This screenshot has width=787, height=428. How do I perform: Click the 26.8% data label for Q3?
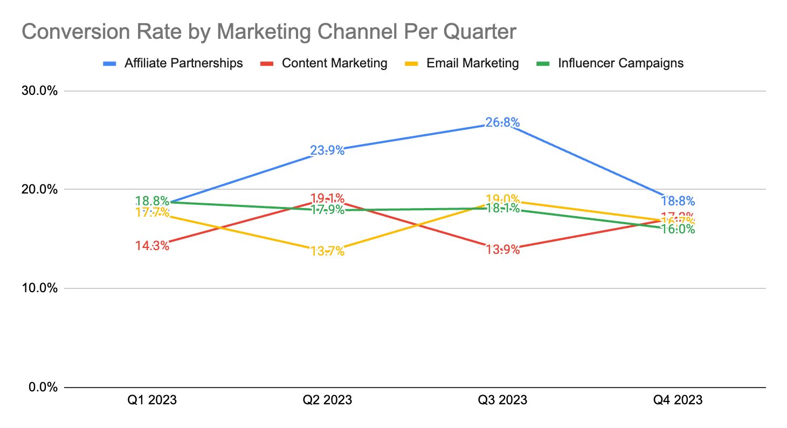pos(502,123)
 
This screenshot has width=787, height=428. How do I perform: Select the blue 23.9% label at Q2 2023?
pos(327,150)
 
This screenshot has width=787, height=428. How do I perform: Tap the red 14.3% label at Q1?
pos(152,246)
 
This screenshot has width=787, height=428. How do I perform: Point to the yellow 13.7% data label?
pos(327,251)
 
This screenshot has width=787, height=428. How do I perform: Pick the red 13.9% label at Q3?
pos(502,250)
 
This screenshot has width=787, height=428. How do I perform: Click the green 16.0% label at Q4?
pos(678,229)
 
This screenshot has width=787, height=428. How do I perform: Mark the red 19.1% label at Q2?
pos(327,198)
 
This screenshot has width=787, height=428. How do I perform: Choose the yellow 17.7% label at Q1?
pos(152,212)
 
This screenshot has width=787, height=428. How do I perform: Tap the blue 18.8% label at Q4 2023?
pos(678,201)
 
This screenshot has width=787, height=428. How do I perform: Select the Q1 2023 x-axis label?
pos(152,400)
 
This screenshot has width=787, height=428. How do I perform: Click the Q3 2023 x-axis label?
pos(502,400)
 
